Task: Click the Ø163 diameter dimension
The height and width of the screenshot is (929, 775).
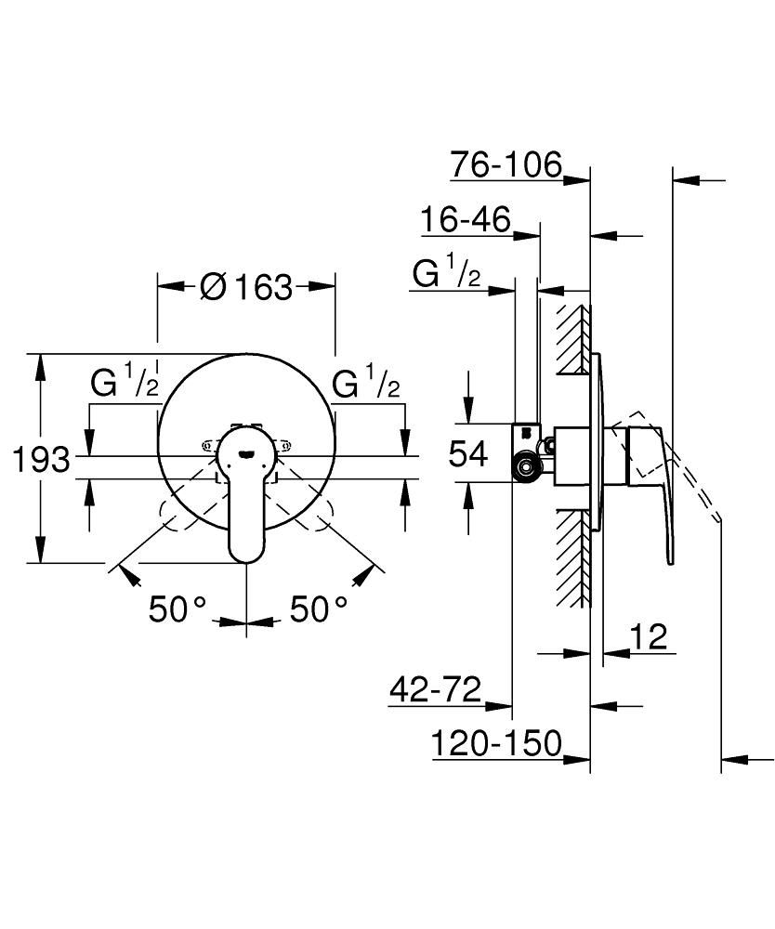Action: tap(245, 287)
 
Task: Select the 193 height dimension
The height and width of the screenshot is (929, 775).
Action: tap(42, 458)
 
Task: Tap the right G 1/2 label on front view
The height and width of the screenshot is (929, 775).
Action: tap(366, 384)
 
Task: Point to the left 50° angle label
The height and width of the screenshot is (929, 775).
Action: tap(177, 609)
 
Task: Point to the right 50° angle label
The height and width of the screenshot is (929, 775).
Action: tap(319, 609)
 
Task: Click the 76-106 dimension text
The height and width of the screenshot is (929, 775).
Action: tap(506, 165)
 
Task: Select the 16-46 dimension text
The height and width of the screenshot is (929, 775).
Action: tap(465, 220)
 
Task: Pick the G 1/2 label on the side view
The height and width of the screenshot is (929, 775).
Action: tap(447, 275)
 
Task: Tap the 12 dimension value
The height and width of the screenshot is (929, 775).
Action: tap(649, 637)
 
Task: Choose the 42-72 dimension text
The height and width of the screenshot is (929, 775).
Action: tap(436, 690)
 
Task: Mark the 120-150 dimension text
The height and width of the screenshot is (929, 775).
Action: tap(497, 743)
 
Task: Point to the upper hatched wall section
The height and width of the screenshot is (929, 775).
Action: tap(572, 339)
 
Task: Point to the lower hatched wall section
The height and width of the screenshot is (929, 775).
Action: tap(572, 557)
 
